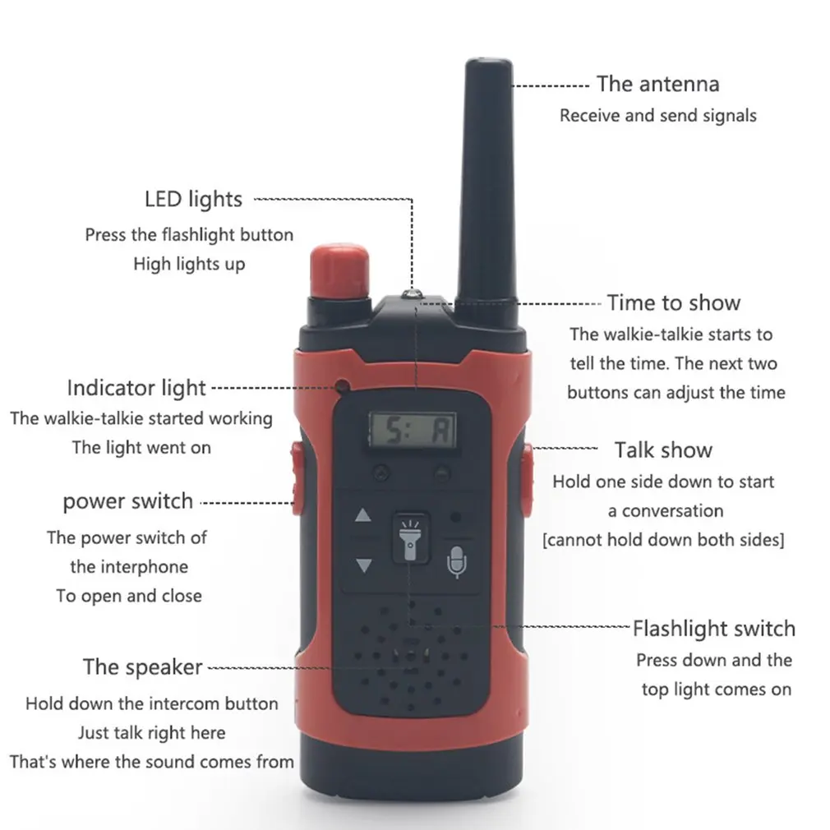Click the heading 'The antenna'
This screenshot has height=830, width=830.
click(658, 84)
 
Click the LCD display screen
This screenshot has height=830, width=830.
click(413, 431)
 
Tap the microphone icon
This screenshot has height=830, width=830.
click(456, 561)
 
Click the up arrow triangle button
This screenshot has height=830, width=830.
click(362, 515)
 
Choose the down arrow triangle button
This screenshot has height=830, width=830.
click(364, 565)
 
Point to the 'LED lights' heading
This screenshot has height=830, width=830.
click(193, 200)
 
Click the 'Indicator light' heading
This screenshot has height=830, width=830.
click(136, 388)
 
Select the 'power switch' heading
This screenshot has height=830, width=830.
click(127, 501)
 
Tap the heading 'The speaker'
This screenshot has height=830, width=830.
click(142, 667)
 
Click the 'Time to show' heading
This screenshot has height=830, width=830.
click(673, 302)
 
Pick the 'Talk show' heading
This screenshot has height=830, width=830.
click(663, 450)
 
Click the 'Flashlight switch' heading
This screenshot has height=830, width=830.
click(714, 629)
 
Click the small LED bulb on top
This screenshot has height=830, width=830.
click(412, 294)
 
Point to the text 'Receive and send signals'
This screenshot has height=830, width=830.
click(658, 115)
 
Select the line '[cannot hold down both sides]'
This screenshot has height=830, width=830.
click(663, 540)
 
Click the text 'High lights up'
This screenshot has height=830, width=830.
click(189, 264)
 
